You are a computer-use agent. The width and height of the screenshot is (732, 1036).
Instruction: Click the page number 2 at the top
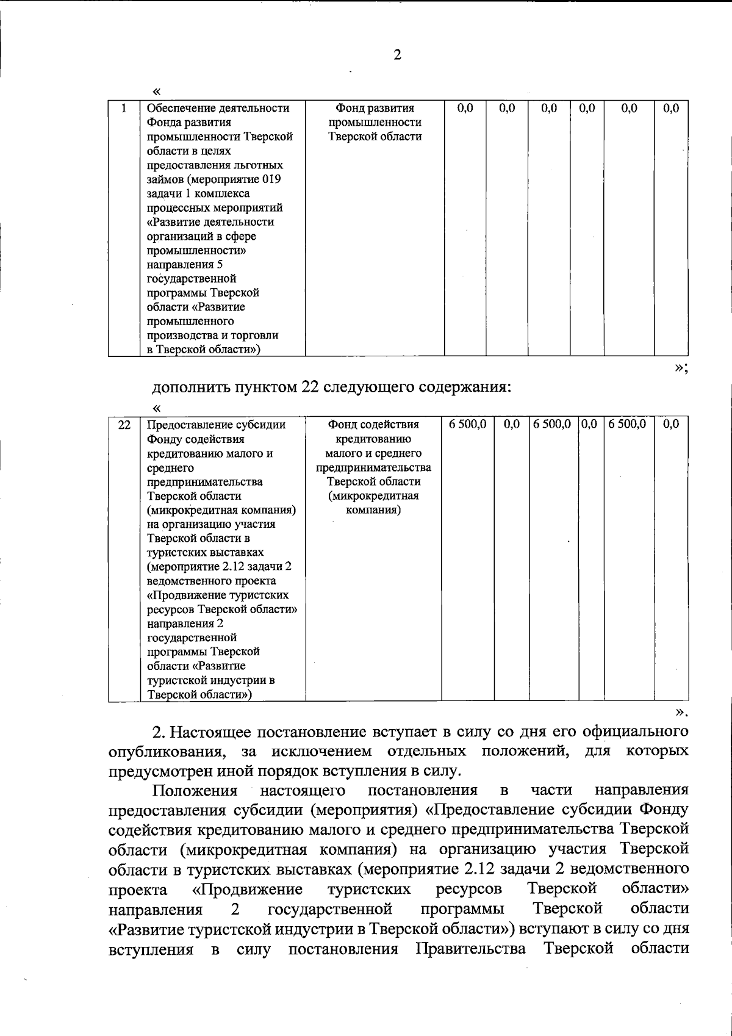tap(397, 56)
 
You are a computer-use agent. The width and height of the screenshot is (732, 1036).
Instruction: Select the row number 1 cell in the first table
tap(124, 109)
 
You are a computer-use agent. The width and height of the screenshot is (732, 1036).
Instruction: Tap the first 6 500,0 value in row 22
tap(467, 424)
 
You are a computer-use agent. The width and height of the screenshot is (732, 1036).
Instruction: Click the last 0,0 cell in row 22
tap(670, 424)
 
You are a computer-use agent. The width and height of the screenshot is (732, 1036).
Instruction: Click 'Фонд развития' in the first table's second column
tap(375, 109)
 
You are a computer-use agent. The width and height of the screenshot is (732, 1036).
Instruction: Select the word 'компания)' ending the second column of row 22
tap(373, 509)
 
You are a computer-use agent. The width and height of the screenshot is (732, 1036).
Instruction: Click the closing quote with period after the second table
tap(681, 712)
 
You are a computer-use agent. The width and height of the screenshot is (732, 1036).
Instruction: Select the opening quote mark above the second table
tap(157, 408)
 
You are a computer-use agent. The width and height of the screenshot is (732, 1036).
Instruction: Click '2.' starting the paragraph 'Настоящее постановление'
tap(159, 732)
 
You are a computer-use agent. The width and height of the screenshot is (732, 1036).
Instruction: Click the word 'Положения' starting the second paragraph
tap(195, 791)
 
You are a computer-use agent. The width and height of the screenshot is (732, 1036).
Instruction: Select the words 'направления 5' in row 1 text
tap(180, 265)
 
